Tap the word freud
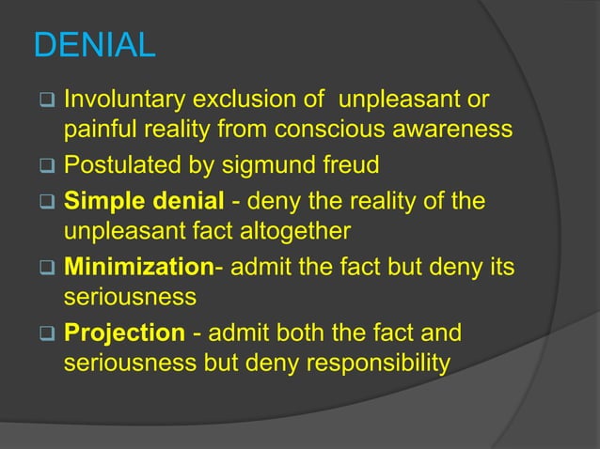coord(350,166)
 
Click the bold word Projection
coord(124,334)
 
